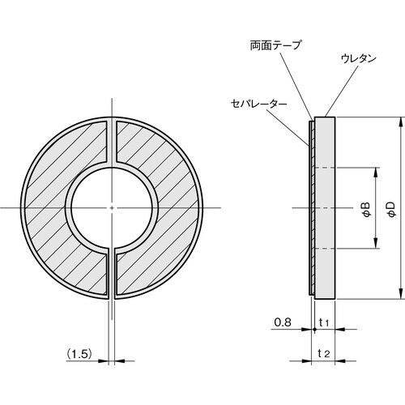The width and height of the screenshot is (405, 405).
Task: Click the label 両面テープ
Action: tap(275, 46)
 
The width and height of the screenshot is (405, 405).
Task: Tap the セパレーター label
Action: tap(257, 104)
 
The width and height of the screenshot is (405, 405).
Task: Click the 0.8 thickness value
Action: tap(281, 322)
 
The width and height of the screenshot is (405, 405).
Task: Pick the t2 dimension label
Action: tap(323, 353)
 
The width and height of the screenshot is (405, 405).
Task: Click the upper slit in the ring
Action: tap(111, 142)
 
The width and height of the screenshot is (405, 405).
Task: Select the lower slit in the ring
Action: tap(111, 275)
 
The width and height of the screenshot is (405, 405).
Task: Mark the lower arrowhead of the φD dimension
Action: tap(401, 294)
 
